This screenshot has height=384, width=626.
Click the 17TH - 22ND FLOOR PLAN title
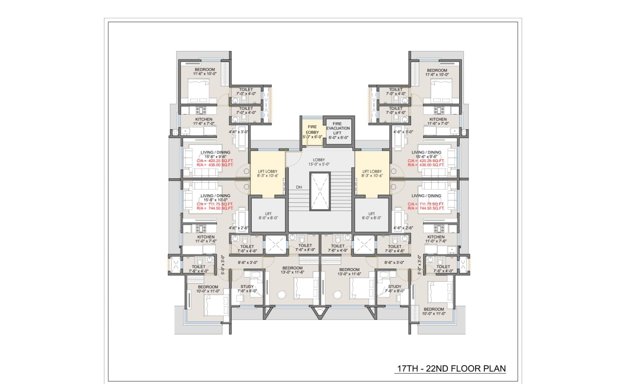coord(451,368)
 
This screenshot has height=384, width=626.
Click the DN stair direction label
coord(299,187)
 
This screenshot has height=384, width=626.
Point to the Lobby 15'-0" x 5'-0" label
coord(319,162)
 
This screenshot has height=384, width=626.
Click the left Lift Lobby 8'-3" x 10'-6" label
coord(268,173)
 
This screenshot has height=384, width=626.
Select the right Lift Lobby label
coord(372,173)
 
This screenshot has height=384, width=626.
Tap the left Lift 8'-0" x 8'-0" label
coord(268,216)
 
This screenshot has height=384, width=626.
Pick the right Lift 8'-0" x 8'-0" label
coord(372,216)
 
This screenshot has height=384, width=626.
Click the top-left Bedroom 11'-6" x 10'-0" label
coord(205,72)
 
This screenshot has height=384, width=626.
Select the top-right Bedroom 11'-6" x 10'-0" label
coord(437,72)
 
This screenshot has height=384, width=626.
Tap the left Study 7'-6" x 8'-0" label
coord(247,289)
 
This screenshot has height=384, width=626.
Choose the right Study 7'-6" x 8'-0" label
coord(395,289)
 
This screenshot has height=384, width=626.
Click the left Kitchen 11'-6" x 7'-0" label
coord(204,121)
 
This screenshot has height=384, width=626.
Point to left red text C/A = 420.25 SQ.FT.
coord(215,161)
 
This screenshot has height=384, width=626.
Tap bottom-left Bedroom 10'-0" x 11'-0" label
coord(208,289)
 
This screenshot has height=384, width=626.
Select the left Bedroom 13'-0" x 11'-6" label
coord(292,270)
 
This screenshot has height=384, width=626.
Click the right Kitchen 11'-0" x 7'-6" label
coord(436,239)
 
